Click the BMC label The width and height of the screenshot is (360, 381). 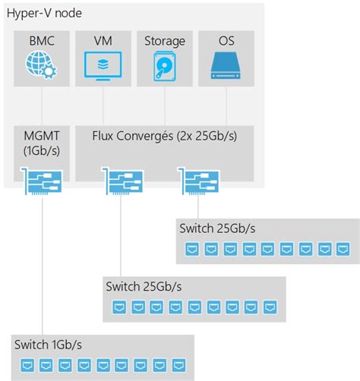(42, 41)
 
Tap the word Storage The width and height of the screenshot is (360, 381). (165, 41)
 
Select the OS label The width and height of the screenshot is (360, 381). (226, 41)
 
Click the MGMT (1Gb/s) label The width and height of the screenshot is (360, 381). (42, 143)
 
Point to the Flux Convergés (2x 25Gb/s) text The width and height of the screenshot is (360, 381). (164, 136)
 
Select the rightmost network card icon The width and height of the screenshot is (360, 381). (198, 183)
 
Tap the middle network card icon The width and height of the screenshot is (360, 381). (122, 183)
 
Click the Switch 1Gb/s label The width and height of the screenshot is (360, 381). (48, 345)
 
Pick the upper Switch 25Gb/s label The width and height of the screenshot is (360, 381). (215, 228)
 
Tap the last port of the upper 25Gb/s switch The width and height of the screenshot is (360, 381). (344, 248)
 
